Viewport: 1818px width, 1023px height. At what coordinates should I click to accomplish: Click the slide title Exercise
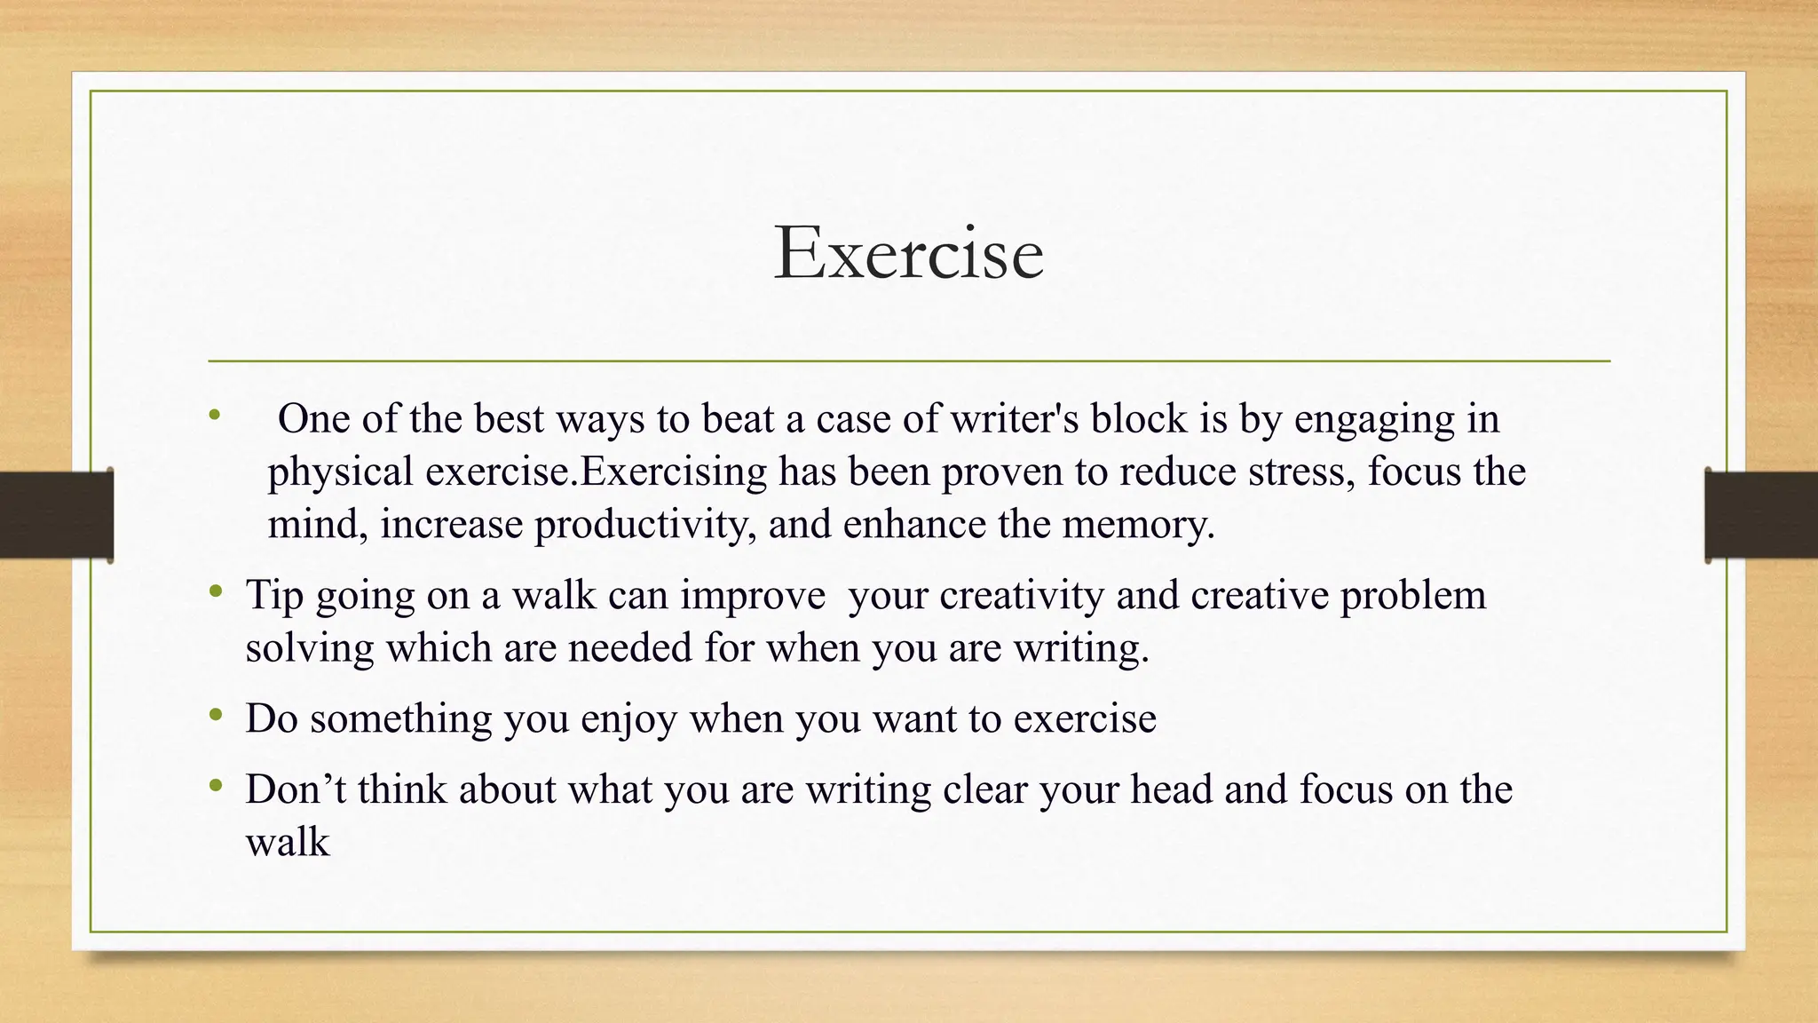[x=908, y=254]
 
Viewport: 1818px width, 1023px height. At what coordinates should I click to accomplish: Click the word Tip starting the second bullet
[x=274, y=595]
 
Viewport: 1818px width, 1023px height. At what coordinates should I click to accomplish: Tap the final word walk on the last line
[x=287, y=843]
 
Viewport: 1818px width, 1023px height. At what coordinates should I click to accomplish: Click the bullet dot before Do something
[x=215, y=715]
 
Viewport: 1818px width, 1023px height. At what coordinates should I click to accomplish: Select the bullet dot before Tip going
[x=215, y=591]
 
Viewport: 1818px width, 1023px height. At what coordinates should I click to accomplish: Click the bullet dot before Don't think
[x=215, y=786]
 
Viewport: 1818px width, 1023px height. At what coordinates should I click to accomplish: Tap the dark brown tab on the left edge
[x=56, y=515]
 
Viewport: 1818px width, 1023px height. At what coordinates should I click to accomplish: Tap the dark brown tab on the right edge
[x=1761, y=515]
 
